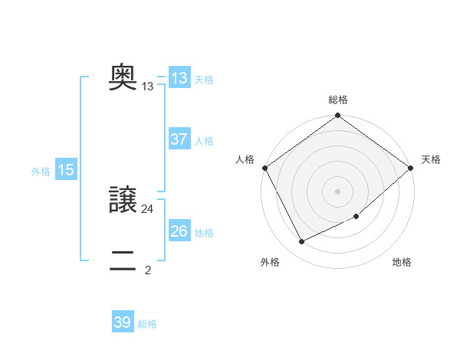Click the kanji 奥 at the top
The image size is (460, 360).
(123, 77)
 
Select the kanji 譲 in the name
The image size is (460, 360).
(123, 200)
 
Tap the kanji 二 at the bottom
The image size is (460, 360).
(123, 261)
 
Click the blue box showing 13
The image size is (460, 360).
(179, 78)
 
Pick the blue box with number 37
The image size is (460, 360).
(179, 139)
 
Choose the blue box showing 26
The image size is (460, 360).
(179, 231)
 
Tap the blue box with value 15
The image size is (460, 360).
(66, 170)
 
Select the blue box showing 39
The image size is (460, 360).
(123, 322)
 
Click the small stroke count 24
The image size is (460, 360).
(148, 208)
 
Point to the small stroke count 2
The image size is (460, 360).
(148, 270)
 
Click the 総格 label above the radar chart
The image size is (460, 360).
(338, 100)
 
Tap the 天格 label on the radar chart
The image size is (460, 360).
(432, 159)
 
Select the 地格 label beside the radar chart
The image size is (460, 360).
(402, 262)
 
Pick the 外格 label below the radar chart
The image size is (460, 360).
(270, 262)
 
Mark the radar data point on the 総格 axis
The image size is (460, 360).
(338, 116)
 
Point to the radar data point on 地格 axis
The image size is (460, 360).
(356, 217)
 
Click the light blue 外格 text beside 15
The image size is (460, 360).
(41, 172)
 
